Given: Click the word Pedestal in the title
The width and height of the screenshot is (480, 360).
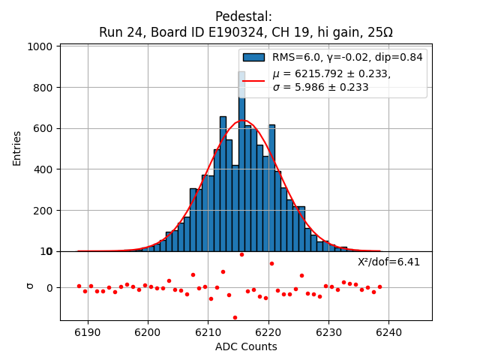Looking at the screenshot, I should pos(244,16).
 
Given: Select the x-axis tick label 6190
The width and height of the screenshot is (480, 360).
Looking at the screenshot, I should pos(88,331).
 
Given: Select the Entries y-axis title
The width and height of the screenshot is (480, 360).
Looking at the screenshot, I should pos(17,148).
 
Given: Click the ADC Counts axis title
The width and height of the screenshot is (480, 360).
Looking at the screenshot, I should pos(246,346).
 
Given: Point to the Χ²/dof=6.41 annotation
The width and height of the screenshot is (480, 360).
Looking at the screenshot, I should pos(388,262).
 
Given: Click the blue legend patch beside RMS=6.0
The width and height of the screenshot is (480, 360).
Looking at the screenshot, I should pos(253,57).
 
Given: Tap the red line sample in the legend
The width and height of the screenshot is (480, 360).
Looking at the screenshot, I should pos(253,80).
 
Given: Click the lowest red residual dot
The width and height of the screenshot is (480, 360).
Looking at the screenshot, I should pos(235,317).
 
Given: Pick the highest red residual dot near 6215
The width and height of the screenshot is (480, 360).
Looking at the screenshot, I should pos(241,254).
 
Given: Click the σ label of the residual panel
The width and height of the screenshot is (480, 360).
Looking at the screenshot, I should pos(29,285).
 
